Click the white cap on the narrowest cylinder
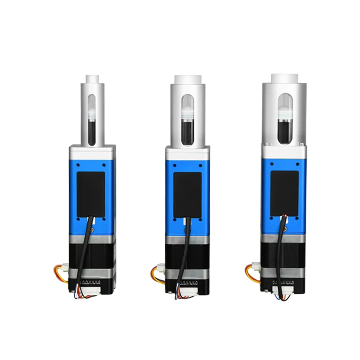tap(92, 78)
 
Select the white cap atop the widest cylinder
tap(284, 78)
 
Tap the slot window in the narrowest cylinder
tap(92, 120)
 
